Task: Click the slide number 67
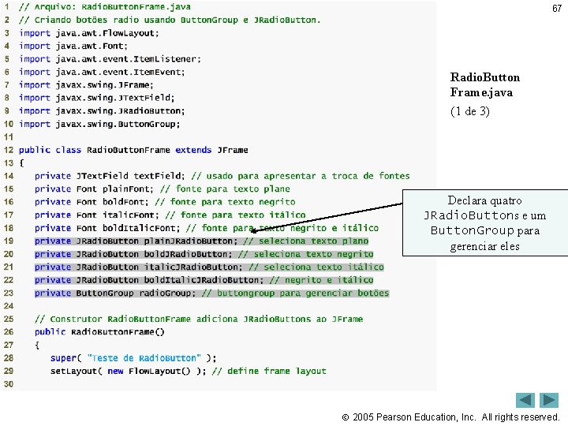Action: pos(557,9)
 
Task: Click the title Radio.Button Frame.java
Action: pos(484,84)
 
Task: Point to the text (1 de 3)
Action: pos(469,111)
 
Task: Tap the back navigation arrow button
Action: pos(525,400)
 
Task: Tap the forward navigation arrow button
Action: pos(549,400)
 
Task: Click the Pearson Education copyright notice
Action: pos(457,417)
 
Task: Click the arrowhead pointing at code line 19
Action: pos(254,232)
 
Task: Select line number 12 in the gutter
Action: pos(8,150)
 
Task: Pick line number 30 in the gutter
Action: pos(8,384)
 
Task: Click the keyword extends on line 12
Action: pos(193,150)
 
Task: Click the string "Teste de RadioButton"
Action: pos(144,358)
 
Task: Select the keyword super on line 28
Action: pos(63,358)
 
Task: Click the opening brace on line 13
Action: pos(21,163)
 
